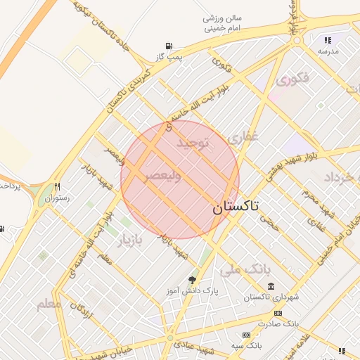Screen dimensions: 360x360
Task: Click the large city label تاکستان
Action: (235, 207)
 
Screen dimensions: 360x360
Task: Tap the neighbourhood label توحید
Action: (193, 144)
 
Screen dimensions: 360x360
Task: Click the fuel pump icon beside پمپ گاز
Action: (169, 46)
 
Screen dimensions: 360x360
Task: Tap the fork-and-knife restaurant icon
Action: (58, 187)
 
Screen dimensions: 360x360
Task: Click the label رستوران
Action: (58, 198)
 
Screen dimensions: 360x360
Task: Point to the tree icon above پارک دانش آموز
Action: (192, 280)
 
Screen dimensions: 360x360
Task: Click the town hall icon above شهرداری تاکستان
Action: (271, 285)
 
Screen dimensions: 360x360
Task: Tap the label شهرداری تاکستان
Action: (271, 297)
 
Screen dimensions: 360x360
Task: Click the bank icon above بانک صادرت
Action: (278, 313)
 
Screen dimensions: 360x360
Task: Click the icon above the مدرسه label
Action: (328, 41)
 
